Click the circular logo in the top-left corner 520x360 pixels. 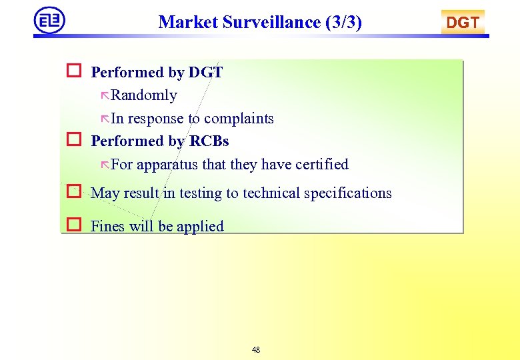[x=50, y=20]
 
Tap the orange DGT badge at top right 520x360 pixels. [x=463, y=23]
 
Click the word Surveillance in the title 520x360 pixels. [x=271, y=22]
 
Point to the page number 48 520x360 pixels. [x=257, y=350]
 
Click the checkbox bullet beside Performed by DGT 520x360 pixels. [x=73, y=71]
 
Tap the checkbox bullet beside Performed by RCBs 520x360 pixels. [x=73, y=140]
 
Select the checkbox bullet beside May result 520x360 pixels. [x=73, y=192]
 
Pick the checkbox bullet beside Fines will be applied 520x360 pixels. [x=73, y=225]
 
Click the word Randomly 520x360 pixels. [x=144, y=95]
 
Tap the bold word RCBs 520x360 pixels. [x=209, y=141]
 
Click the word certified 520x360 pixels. [x=320, y=164]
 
